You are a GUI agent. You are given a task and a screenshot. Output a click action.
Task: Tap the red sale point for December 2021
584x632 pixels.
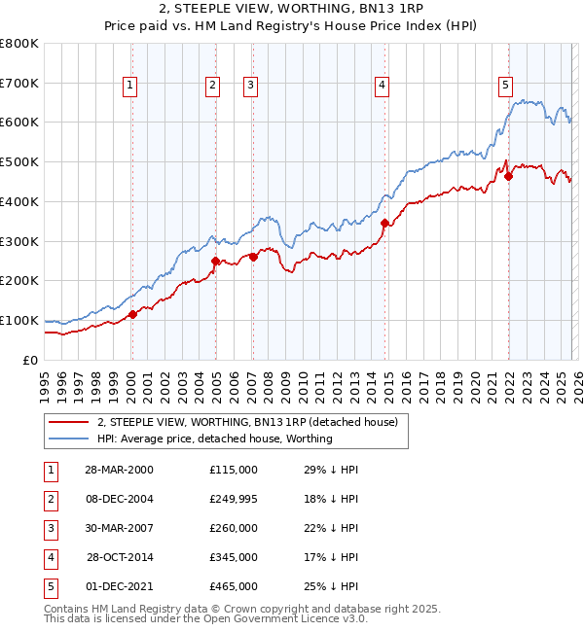(x=508, y=176)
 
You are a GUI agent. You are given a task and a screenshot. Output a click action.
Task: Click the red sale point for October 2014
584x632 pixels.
(x=385, y=224)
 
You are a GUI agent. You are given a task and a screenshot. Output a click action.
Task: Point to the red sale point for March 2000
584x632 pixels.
(x=133, y=314)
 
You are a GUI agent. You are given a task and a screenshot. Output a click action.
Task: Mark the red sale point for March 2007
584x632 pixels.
(x=253, y=257)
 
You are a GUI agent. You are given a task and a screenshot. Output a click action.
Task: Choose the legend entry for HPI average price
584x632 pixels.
(x=214, y=439)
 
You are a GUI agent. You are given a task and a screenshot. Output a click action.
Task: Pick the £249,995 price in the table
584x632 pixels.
(x=234, y=499)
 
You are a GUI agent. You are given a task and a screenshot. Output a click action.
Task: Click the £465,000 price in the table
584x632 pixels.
(x=234, y=586)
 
